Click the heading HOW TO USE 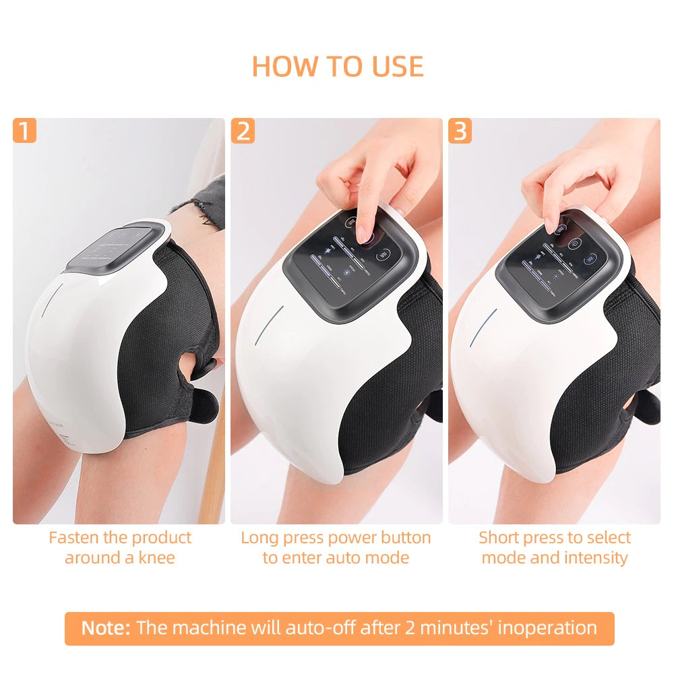tap(337, 66)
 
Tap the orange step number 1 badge tap(24, 131)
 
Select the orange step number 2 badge tap(243, 131)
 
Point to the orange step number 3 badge tap(460, 131)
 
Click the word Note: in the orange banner tap(106, 628)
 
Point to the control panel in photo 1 tap(115, 247)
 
